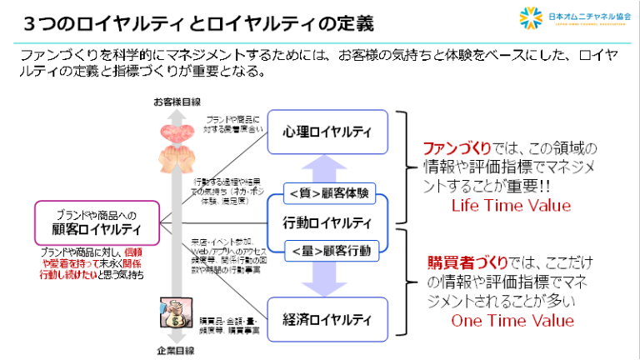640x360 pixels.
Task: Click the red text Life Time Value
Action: (x=511, y=206)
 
